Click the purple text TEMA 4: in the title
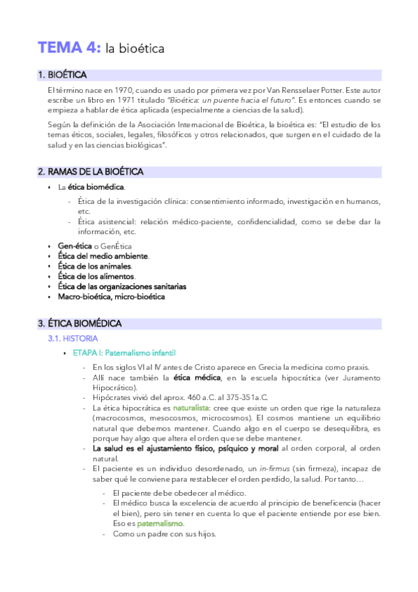(69, 47)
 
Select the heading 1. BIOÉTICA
(63, 75)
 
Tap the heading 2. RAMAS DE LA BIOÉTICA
(91, 172)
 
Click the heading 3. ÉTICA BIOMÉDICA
(80, 323)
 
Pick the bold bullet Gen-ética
(75, 246)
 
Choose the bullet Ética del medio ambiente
(103, 256)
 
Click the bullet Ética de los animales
(94, 266)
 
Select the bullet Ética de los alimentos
(96, 276)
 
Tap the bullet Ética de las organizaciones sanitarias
(121, 286)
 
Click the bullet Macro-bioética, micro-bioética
(111, 296)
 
